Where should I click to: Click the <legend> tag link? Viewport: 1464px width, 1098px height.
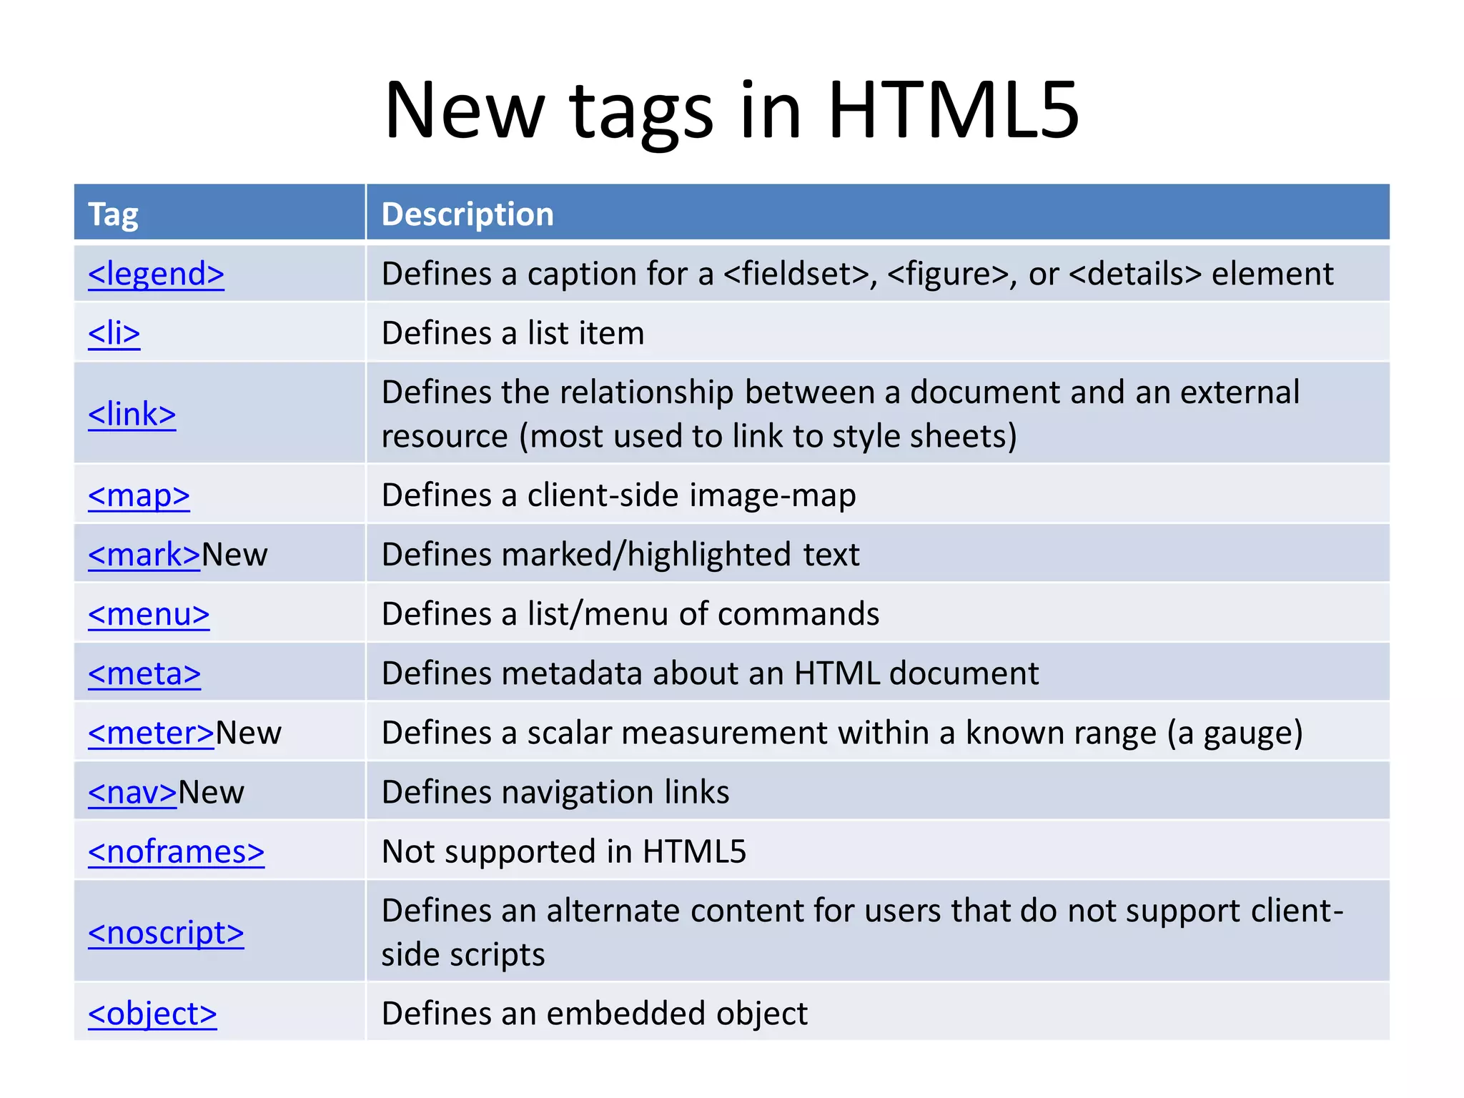[156, 274]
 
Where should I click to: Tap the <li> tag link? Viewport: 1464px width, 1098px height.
[114, 334]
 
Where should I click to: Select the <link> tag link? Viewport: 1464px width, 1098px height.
[132, 415]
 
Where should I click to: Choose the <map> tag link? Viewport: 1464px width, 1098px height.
[139, 496]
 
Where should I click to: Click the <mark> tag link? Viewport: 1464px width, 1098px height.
[144, 555]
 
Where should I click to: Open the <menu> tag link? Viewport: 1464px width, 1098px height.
[149, 615]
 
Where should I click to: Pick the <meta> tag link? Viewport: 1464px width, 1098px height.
[144, 674]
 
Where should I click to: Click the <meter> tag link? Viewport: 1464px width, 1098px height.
[151, 733]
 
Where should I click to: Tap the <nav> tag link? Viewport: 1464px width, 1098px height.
[132, 793]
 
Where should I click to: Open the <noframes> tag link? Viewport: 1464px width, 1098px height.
[176, 852]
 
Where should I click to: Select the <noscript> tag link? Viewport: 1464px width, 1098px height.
[166, 933]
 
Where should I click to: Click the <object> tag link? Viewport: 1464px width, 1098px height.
[152, 1014]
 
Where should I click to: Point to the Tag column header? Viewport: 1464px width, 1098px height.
[113, 214]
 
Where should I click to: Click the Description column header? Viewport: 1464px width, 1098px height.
[468, 214]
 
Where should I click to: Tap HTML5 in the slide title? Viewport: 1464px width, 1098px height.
[953, 111]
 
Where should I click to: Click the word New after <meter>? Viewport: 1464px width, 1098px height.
[249, 733]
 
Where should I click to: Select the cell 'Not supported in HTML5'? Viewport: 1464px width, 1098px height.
[563, 852]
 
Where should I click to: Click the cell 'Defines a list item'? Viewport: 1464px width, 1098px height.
[513, 334]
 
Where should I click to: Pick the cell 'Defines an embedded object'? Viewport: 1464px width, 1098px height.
[594, 1014]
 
